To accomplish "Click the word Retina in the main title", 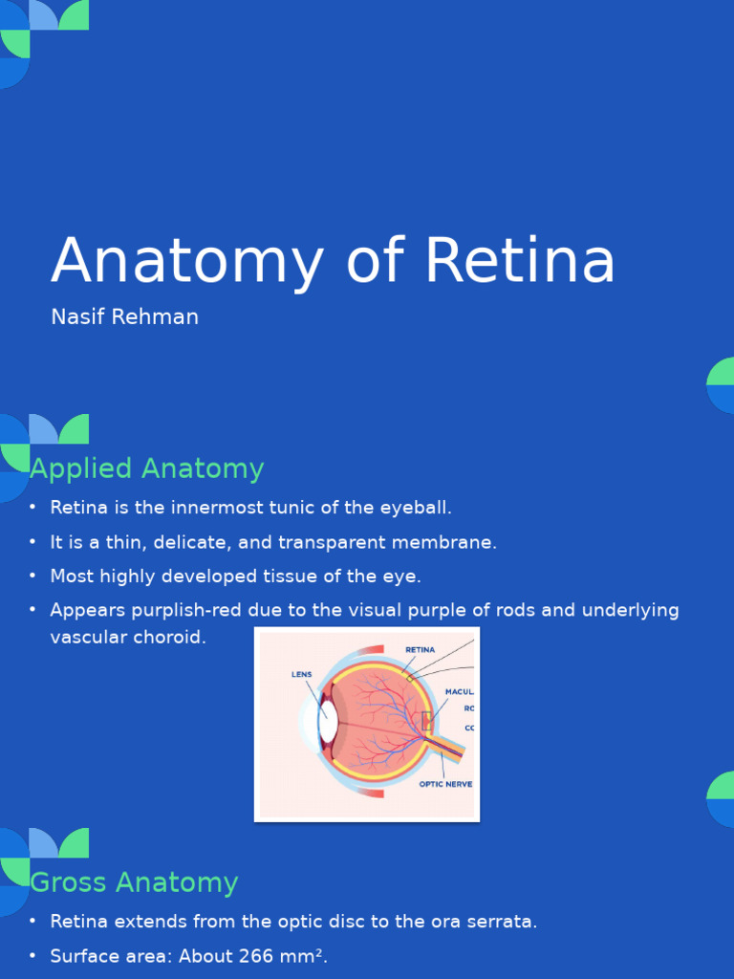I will (x=520, y=260).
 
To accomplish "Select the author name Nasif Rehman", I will (x=124, y=317).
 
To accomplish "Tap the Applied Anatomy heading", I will (x=147, y=468).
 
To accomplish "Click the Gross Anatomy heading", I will (x=134, y=881).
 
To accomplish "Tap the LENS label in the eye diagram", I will (x=302, y=674).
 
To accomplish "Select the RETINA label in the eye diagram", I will (x=421, y=649).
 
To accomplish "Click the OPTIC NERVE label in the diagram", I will (x=445, y=784).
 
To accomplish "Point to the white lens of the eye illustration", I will (x=328, y=724).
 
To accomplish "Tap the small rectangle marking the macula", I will (x=426, y=720).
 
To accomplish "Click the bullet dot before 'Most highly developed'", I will (x=32, y=577).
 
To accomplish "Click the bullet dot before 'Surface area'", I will (x=32, y=956).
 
